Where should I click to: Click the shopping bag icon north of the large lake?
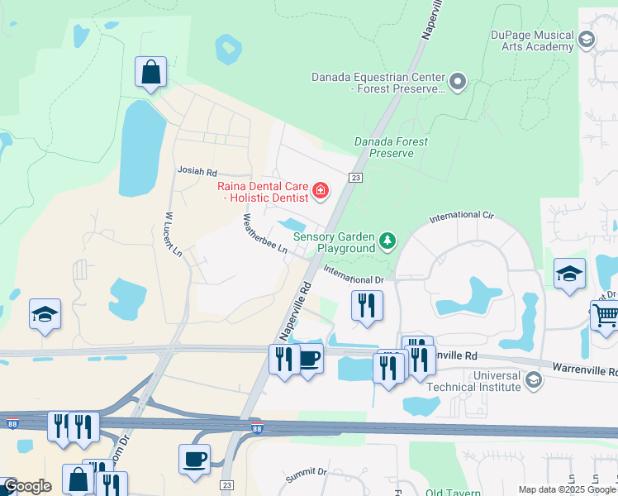coord(150,73)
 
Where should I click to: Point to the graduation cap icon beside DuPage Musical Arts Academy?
coord(586,40)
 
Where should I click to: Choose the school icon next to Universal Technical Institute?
coord(533,380)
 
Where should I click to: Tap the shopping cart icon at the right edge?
coord(605,315)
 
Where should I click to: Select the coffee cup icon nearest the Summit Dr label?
coord(194,460)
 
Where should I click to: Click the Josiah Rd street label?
coord(197,172)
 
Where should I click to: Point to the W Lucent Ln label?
coord(173,235)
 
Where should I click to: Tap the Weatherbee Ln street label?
coord(265,235)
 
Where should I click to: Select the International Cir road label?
coord(461,217)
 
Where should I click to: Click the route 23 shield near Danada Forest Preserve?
coord(355,177)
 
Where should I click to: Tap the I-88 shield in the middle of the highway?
coord(257,428)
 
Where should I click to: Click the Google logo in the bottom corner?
coord(27,487)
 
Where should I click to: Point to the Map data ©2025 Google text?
coord(567,489)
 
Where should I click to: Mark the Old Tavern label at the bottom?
coord(453,493)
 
